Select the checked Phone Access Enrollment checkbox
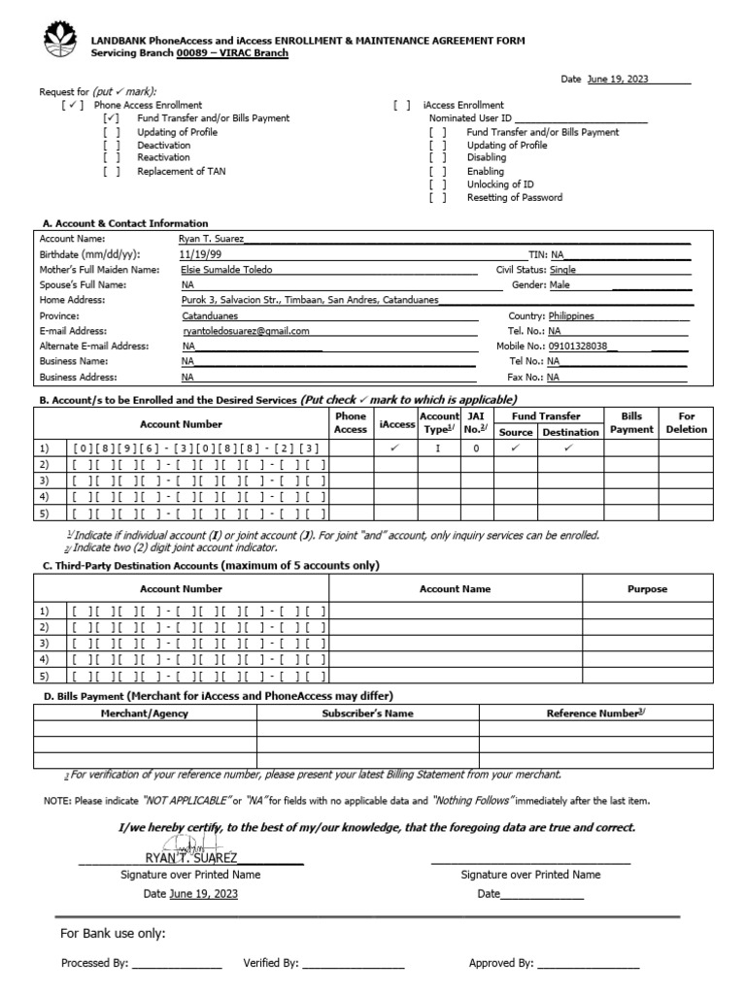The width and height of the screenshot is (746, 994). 73,105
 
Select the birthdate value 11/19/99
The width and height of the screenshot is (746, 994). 199,253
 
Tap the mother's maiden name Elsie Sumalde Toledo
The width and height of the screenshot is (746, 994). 227,270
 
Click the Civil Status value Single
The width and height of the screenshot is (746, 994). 563,270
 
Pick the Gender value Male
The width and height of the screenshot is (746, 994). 559,285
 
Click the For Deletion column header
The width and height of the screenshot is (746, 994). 687,422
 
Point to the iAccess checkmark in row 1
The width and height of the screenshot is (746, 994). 395,448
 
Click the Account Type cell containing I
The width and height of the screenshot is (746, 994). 438,448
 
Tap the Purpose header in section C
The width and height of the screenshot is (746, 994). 647,588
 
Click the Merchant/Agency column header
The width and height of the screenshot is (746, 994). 145,713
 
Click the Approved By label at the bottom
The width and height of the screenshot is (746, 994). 501,963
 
